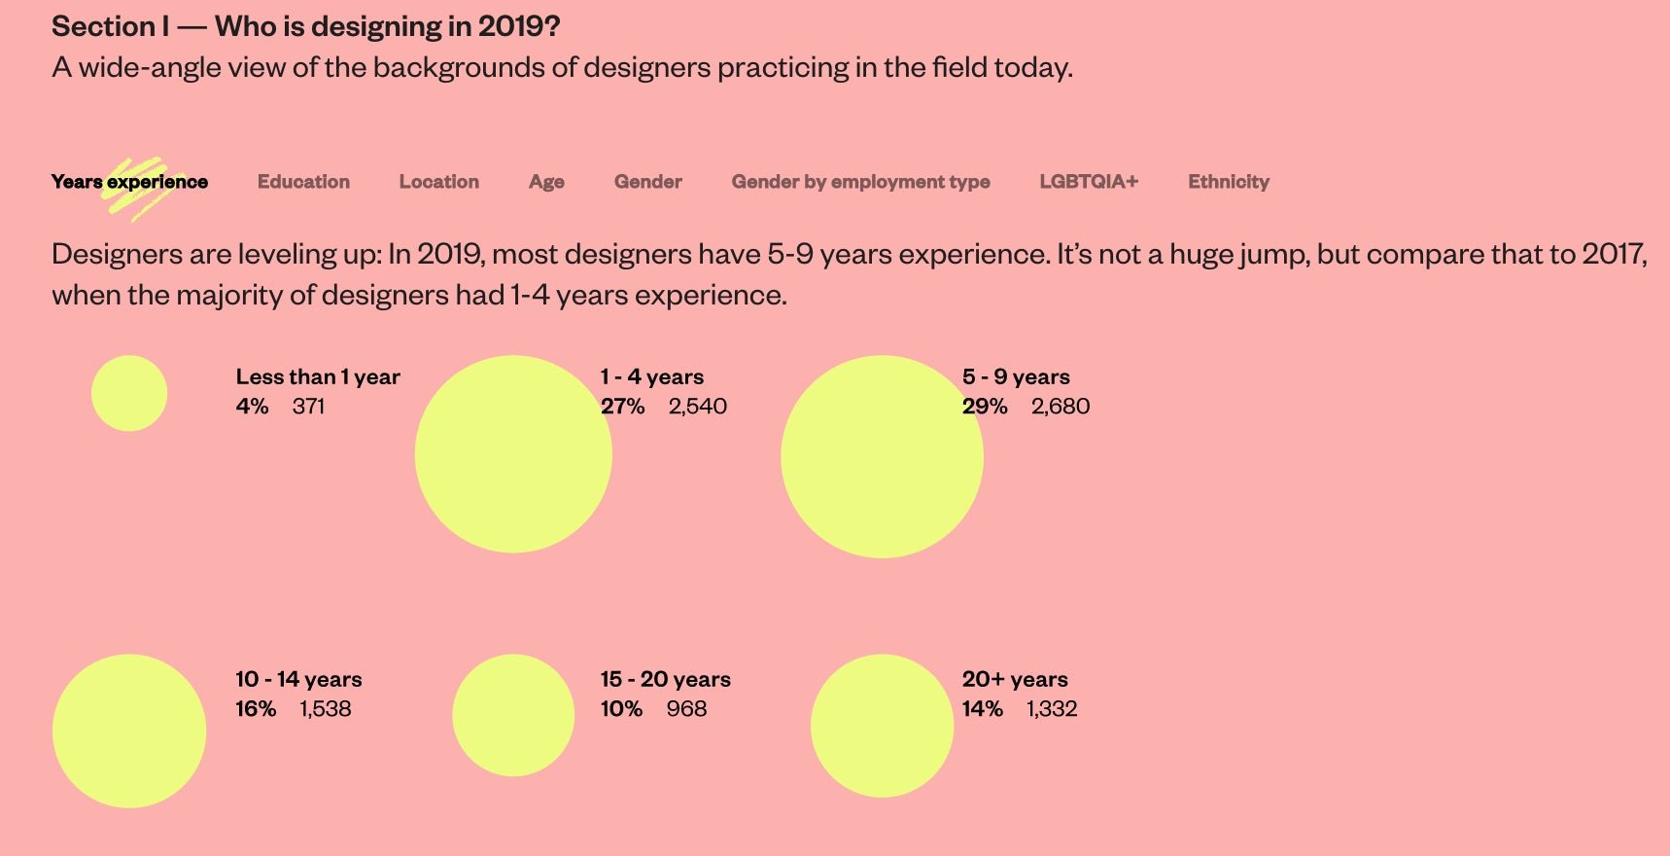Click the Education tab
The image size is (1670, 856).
[x=303, y=182]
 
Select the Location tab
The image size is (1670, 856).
[x=438, y=182]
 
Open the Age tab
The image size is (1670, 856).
[x=546, y=182]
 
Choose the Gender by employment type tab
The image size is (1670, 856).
[x=860, y=182]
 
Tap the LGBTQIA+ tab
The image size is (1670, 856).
[x=1089, y=182]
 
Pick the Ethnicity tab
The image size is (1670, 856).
[x=1229, y=182]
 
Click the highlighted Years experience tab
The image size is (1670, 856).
[x=129, y=182]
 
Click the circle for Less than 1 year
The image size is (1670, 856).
[x=129, y=393]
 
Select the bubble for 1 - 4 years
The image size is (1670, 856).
[x=513, y=454]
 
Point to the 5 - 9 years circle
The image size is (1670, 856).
[x=882, y=456]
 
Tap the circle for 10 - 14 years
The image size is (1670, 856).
[x=129, y=731]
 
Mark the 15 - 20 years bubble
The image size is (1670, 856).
[x=513, y=715]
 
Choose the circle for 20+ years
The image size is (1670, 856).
[x=882, y=726]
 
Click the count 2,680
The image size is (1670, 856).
[x=1061, y=407]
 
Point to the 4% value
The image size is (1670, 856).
[x=252, y=407]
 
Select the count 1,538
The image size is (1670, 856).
[x=326, y=709]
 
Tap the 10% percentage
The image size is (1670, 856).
[x=621, y=709]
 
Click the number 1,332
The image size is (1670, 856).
[x=1052, y=709]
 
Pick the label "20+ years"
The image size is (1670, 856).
[x=1015, y=679]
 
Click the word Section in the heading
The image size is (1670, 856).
[x=103, y=26]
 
